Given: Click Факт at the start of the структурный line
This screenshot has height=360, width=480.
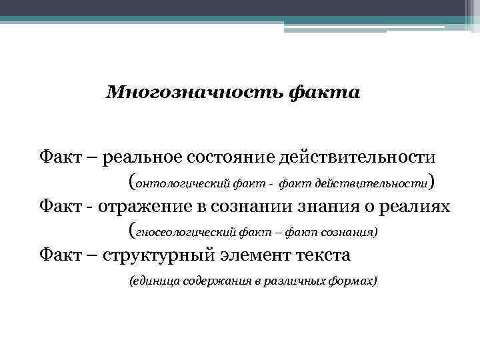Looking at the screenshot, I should coord(59,256).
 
